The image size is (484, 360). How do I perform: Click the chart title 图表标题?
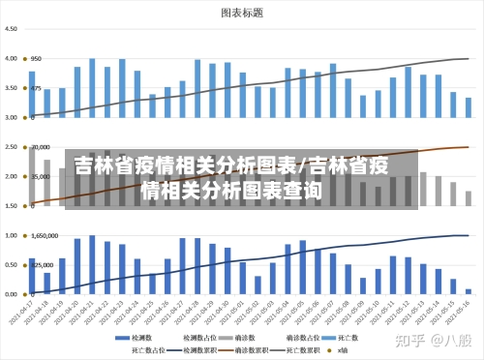click(242, 14)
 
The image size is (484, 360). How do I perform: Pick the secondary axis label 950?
click(36, 58)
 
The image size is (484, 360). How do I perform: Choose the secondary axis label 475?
click(36, 88)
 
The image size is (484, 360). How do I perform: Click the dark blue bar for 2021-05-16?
click(469, 290)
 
